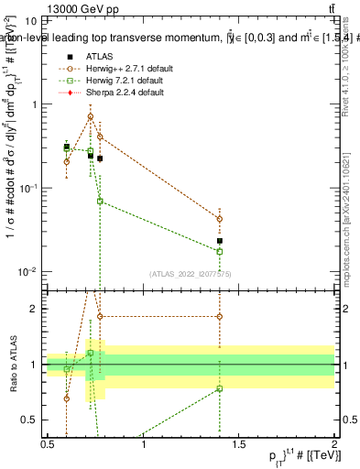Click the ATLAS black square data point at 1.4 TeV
click(x=220, y=241)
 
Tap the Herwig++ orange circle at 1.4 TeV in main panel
click(x=220, y=219)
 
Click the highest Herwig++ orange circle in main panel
click(x=90, y=116)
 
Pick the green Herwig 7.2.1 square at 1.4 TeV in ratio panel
click(x=220, y=388)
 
